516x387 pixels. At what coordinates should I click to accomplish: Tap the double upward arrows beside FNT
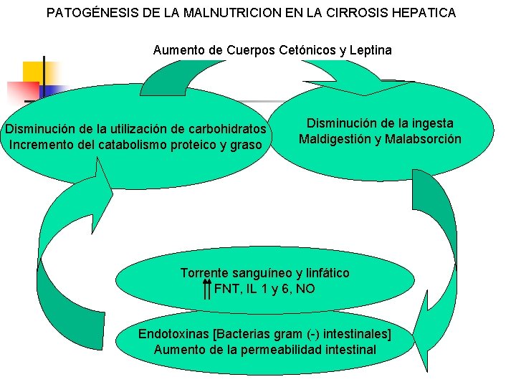206,289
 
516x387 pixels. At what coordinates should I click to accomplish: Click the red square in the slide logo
21,92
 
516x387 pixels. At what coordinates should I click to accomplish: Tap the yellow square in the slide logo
34,72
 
